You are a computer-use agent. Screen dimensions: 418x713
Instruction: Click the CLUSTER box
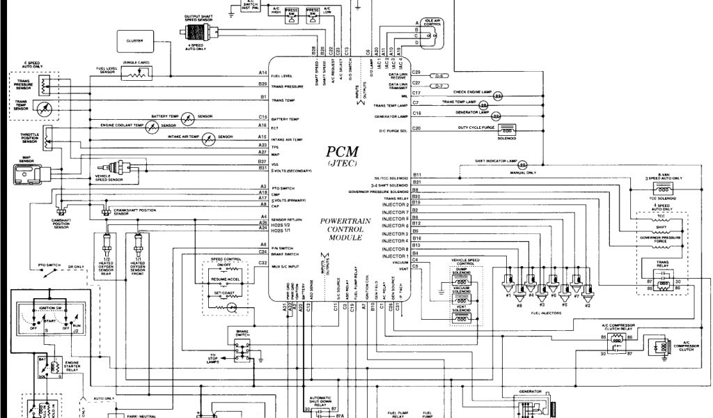click(135, 40)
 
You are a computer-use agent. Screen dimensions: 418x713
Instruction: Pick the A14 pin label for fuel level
click(263, 73)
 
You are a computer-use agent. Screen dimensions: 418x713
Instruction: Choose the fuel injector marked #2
click(588, 287)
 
